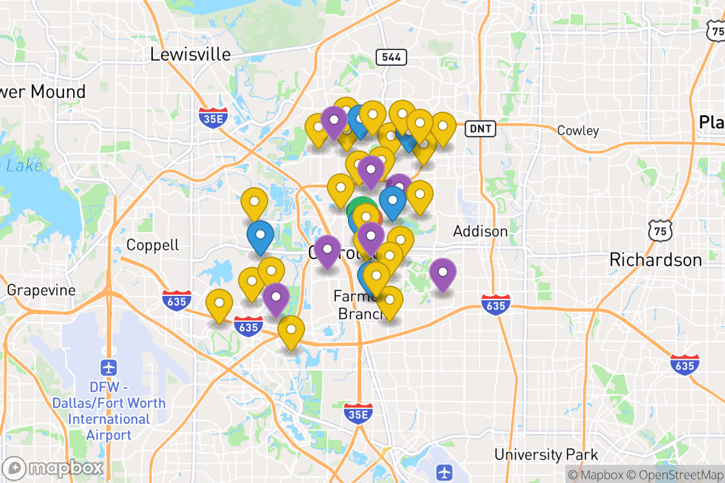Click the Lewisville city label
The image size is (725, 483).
coord(190,54)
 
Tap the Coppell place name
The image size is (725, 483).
coord(153,245)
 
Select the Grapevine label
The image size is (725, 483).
coord(42,290)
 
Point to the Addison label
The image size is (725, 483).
coord(480,231)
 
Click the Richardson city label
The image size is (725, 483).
coord(656,260)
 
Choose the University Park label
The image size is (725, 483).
coord(546,455)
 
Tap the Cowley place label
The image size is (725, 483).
coord(578,130)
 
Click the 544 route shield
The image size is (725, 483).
coord(391,57)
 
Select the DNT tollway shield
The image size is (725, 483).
coord(481,128)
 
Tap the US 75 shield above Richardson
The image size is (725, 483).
coord(660,229)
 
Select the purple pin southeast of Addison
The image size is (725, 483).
coord(443,274)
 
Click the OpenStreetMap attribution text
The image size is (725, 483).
coord(674,475)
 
